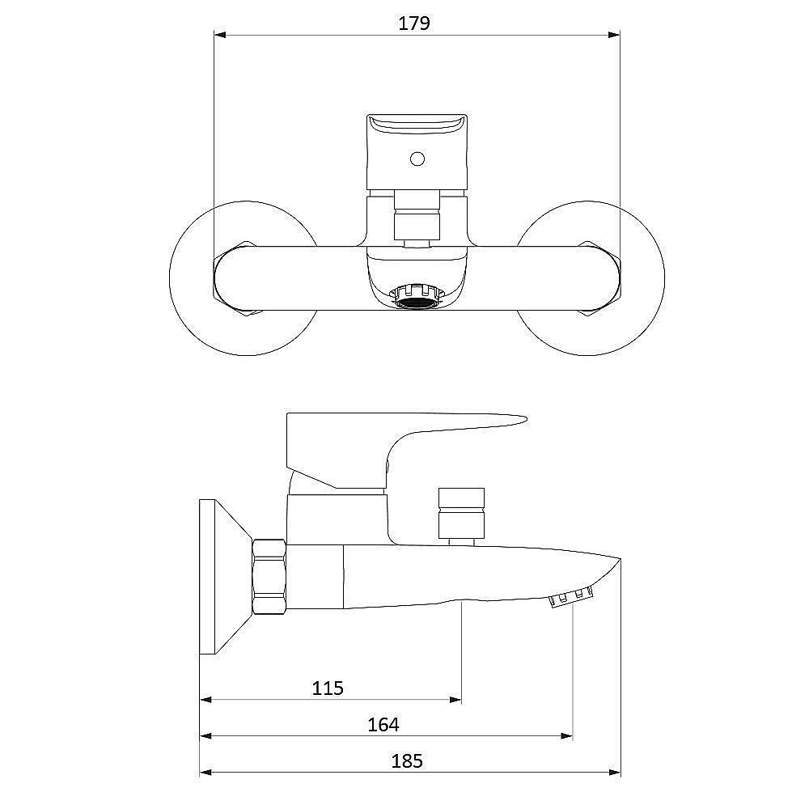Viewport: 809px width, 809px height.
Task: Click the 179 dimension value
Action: tap(413, 23)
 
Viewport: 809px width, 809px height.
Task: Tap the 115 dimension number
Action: tap(328, 688)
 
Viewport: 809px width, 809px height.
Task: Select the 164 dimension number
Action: tap(383, 724)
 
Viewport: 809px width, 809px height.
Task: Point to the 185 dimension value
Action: tap(407, 761)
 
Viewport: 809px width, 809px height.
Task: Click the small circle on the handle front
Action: tap(417, 159)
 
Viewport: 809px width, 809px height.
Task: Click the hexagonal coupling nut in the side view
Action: tap(269, 577)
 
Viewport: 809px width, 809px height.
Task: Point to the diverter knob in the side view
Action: tap(461, 513)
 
